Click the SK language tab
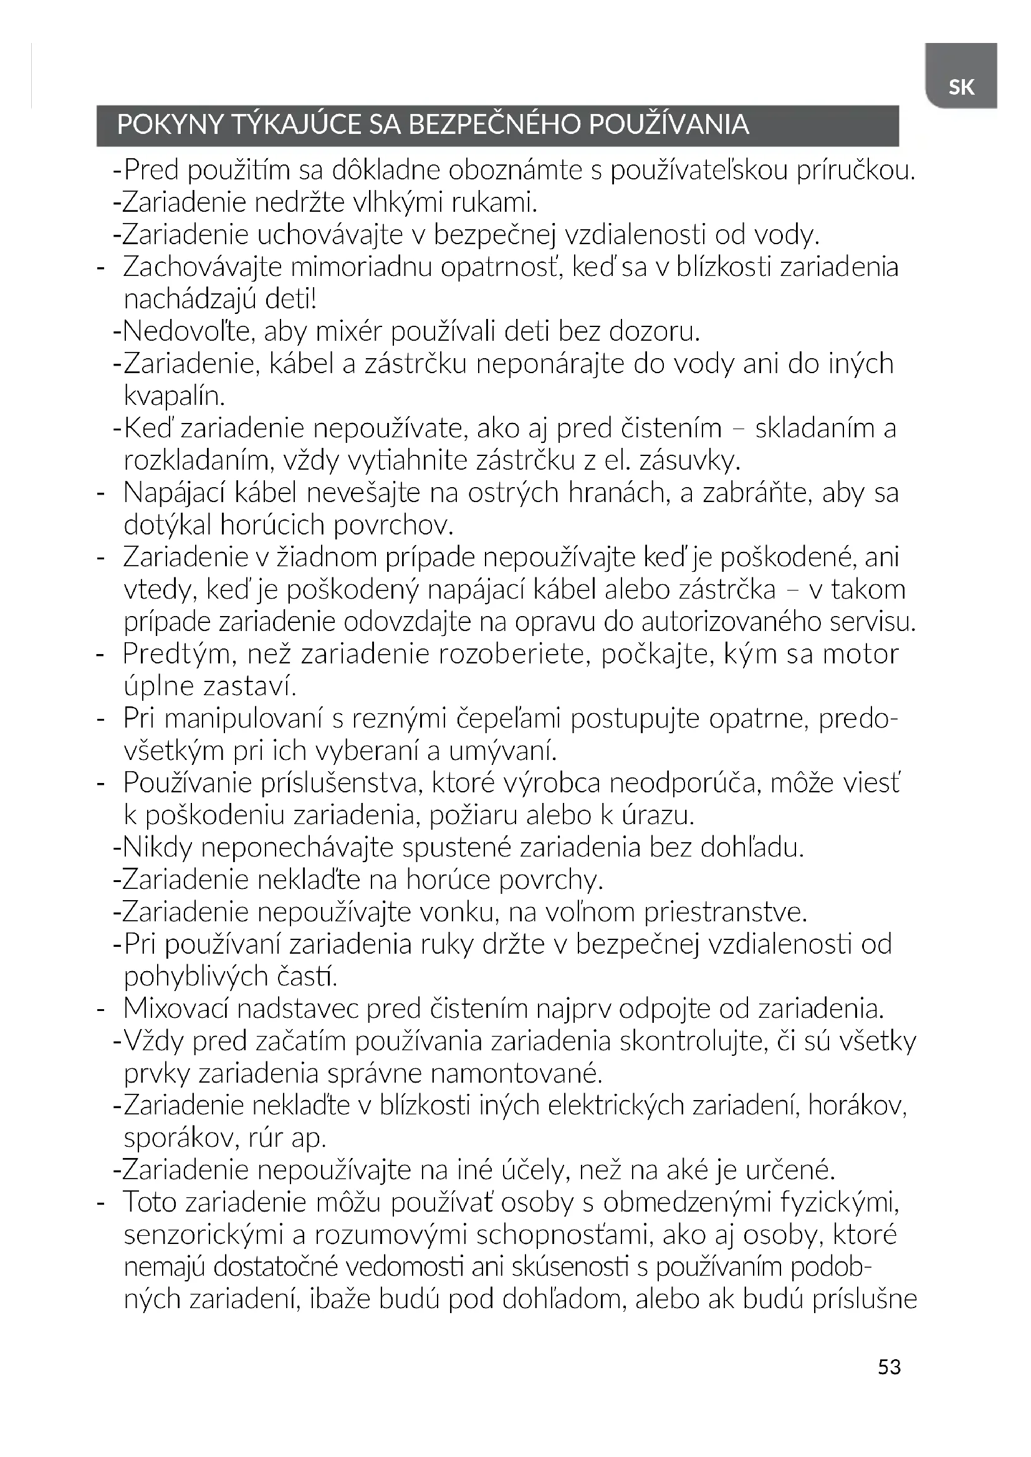click(961, 87)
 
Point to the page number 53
click(889, 1366)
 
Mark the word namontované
click(516, 1074)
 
